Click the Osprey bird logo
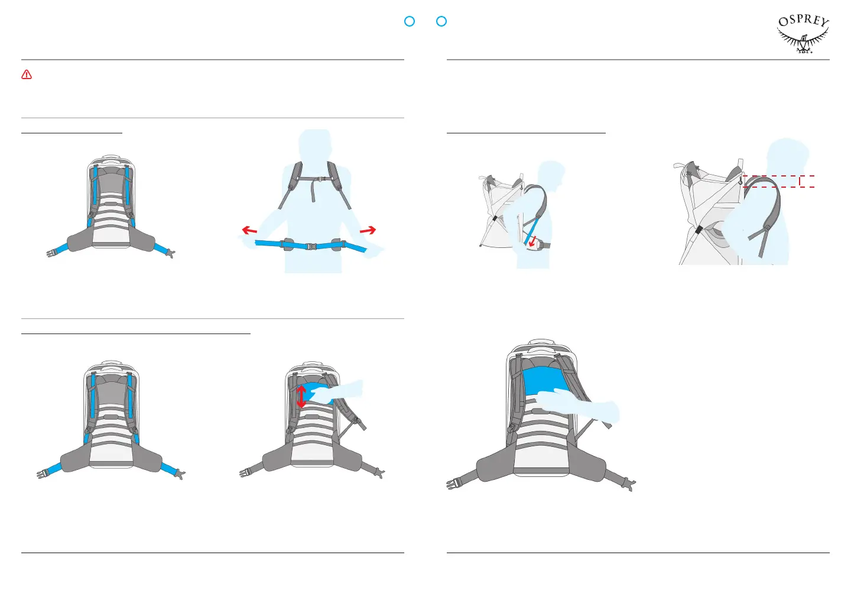803,35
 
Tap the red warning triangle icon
27,75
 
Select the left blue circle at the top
410,21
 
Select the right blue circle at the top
441,21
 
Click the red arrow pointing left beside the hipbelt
249,230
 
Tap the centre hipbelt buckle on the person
311,246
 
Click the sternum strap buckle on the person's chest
318,178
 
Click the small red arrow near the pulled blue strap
534,241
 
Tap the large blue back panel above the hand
545,381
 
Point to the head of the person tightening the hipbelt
314,144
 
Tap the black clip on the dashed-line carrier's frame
699,229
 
